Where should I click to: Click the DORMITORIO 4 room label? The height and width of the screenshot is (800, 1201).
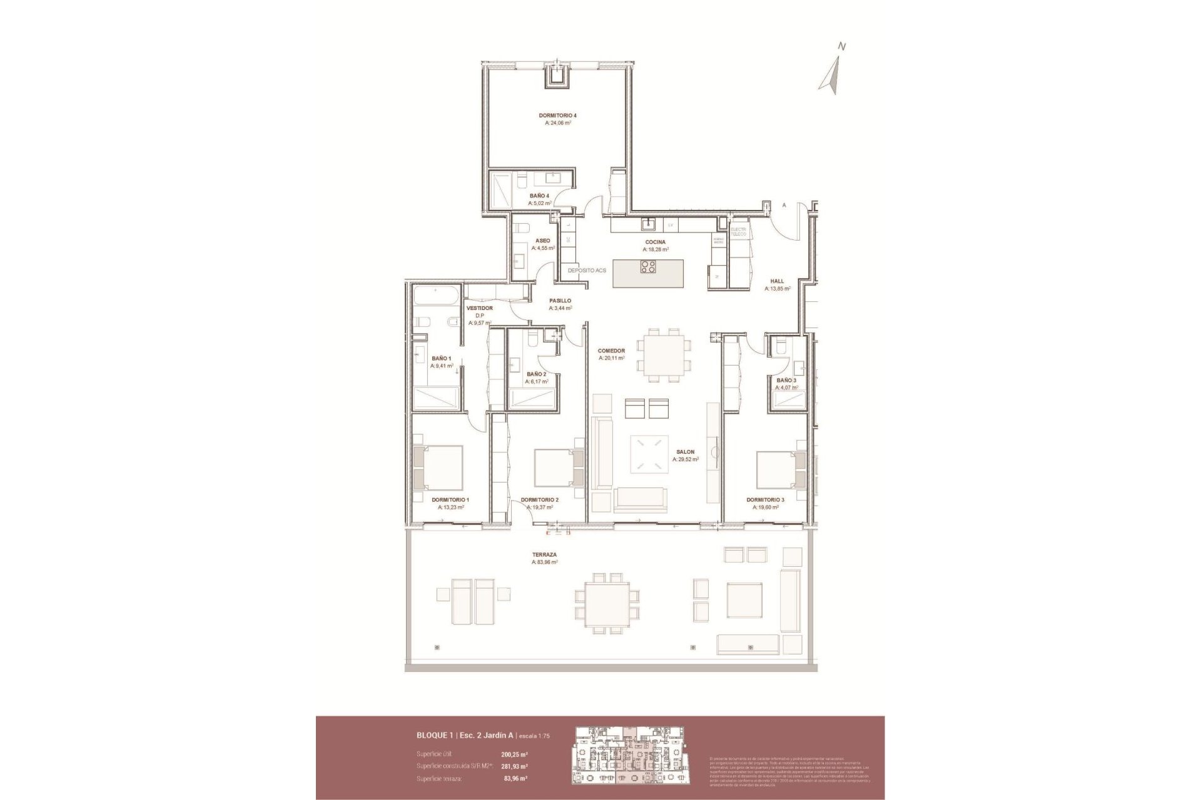[557, 116]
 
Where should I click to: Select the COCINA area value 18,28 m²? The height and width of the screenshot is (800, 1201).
[656, 249]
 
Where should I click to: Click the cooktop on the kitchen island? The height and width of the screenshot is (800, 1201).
[648, 267]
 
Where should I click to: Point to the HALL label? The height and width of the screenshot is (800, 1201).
[777, 281]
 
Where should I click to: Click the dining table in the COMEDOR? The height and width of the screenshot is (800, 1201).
[664, 355]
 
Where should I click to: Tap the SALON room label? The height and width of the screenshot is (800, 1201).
[685, 452]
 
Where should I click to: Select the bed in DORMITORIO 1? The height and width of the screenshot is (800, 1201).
[438, 467]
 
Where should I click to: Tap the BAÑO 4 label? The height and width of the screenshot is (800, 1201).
[539, 196]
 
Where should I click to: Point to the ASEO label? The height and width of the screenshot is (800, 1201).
[543, 241]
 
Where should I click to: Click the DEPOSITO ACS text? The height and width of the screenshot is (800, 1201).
[587, 271]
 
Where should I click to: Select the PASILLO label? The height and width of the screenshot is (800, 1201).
[560, 301]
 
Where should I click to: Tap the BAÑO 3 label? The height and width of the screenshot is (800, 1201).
[786, 380]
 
